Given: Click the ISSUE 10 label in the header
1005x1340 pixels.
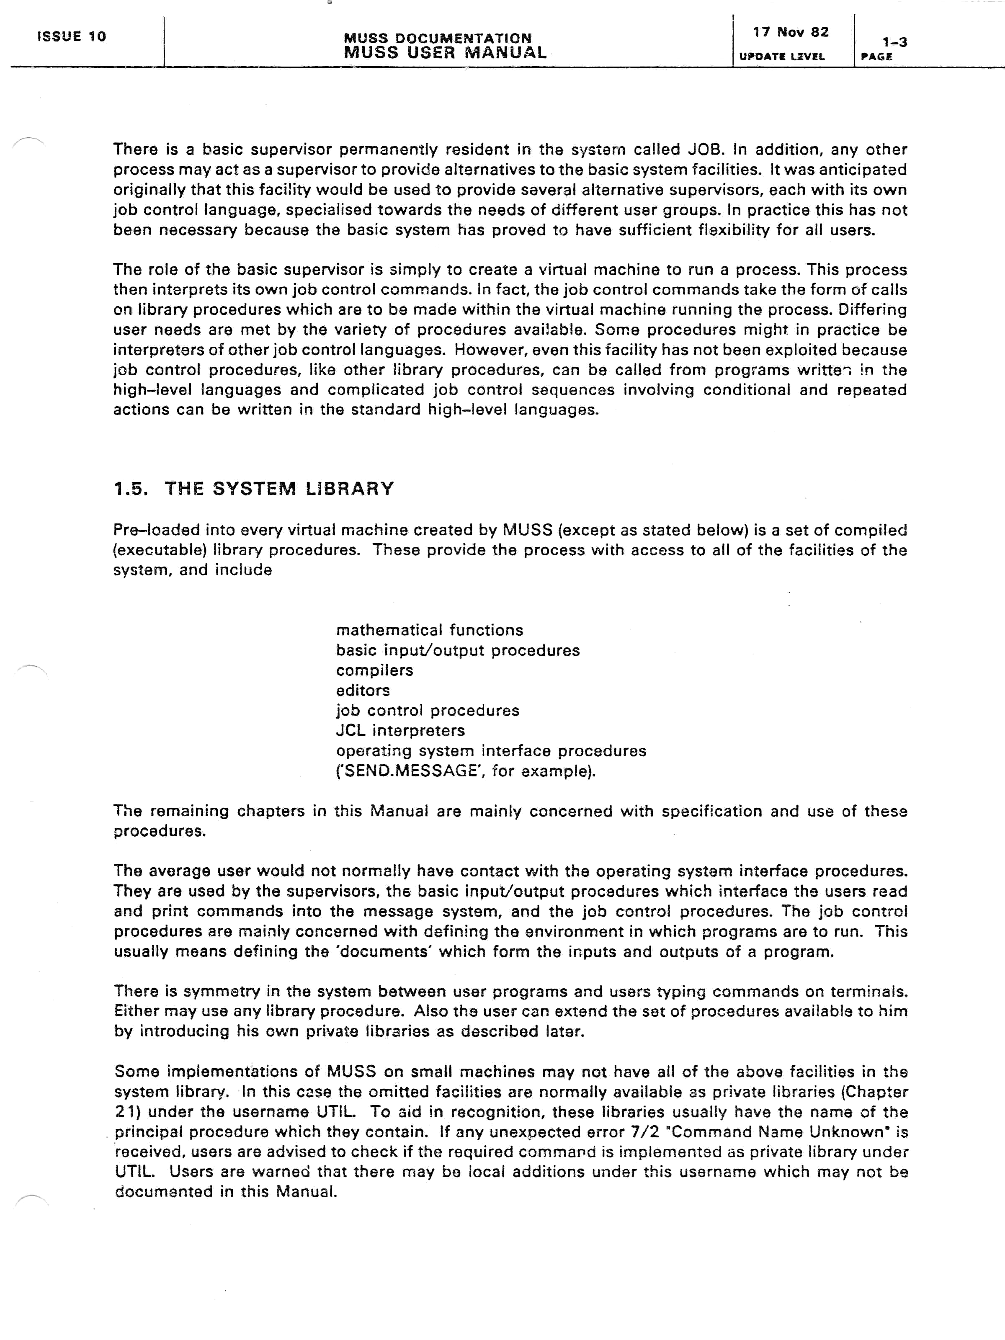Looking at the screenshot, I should tap(72, 36).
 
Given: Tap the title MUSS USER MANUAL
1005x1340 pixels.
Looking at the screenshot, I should tap(445, 53).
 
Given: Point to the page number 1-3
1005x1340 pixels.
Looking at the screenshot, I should tap(894, 42).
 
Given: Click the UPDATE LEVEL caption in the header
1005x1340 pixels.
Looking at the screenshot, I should tap(781, 57).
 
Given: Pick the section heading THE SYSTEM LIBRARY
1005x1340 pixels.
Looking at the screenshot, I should tap(279, 488).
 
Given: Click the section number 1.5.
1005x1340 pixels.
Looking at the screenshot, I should tap(131, 488).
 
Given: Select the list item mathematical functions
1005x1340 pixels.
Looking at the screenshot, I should tap(430, 630).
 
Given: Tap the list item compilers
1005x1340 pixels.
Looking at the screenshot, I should tap(374, 670).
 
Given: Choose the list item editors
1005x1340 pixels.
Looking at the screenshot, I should tap(363, 690).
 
